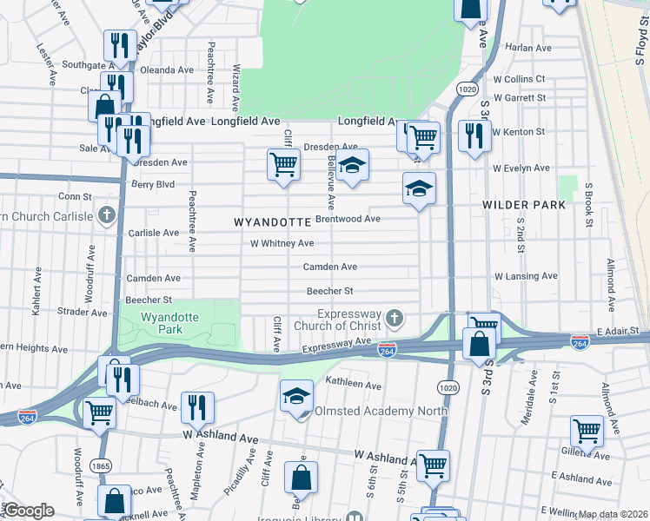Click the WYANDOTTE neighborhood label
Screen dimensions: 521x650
(273, 222)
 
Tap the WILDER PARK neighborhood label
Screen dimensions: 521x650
(524, 205)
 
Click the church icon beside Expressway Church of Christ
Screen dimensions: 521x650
(395, 319)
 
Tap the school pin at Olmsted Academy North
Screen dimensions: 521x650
(296, 396)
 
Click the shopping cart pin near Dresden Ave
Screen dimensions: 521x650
(283, 163)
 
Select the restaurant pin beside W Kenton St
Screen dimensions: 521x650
(474, 135)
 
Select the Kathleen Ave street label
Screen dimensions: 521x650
(353, 385)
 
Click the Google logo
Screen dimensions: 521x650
(29, 510)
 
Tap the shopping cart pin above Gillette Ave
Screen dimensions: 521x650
(587, 430)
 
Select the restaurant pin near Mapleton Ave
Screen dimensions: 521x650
(197, 406)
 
